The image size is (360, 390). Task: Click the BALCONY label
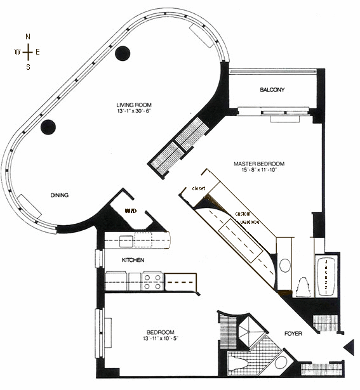coord(272,89)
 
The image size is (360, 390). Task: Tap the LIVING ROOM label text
coord(134,105)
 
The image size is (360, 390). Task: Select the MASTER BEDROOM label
coord(259,164)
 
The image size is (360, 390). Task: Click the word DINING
coord(60,195)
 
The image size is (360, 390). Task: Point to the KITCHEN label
coord(133,260)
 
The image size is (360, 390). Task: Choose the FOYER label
coord(293,334)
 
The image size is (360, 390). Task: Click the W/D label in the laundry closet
coord(131,211)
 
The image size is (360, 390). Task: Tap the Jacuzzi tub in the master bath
coord(326,276)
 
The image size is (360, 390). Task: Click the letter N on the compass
coord(28,37)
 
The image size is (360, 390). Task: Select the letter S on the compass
coord(28,67)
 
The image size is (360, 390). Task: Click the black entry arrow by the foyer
coord(349,347)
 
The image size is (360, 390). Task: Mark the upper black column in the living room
coord(123,53)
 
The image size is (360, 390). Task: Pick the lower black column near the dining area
coord(48,127)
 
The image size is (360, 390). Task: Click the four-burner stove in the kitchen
coord(152,282)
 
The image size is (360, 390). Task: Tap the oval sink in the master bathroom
coord(285,265)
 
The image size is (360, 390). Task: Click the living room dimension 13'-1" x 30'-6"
coord(134,111)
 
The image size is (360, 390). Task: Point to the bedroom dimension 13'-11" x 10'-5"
coord(161,338)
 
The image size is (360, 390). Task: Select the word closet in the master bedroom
coord(199,188)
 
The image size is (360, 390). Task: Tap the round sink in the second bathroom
coord(281,363)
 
